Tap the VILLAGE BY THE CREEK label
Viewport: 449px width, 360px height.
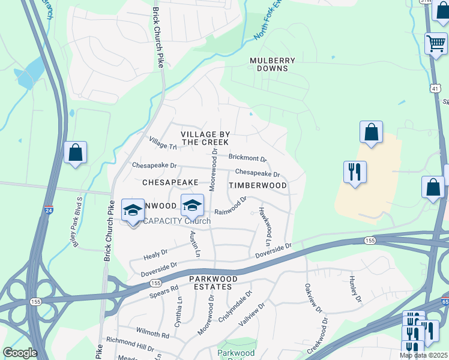(205, 137)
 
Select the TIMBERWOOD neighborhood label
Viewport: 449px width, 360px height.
(258, 185)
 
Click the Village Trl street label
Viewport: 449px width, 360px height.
(163, 143)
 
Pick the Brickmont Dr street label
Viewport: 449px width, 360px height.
(247, 158)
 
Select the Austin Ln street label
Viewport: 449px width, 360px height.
(194, 244)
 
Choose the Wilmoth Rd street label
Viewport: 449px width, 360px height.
(152, 333)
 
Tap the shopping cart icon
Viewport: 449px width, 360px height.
(436, 44)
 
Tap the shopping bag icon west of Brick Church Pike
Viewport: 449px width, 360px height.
(76, 153)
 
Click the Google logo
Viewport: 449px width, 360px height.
(20, 353)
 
